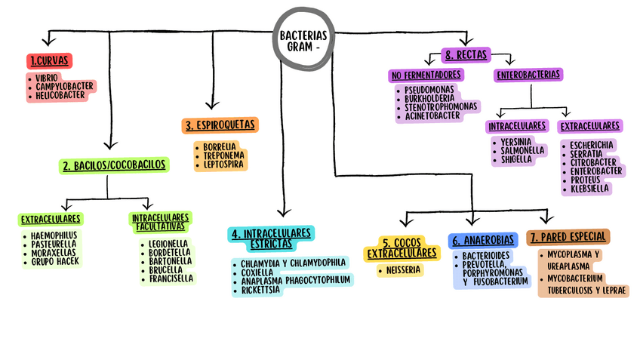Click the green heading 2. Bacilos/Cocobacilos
(x=115, y=165)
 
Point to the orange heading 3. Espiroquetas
(x=220, y=125)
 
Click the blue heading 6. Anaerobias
(x=483, y=241)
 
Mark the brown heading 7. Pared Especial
(x=568, y=237)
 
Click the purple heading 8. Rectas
(x=466, y=54)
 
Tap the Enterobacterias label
(x=528, y=75)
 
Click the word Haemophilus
(x=54, y=235)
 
